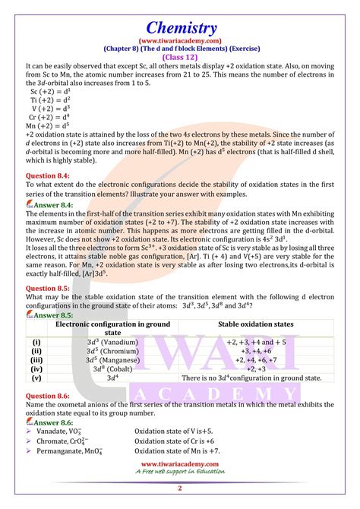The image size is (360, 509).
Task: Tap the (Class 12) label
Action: [x=179, y=57]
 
